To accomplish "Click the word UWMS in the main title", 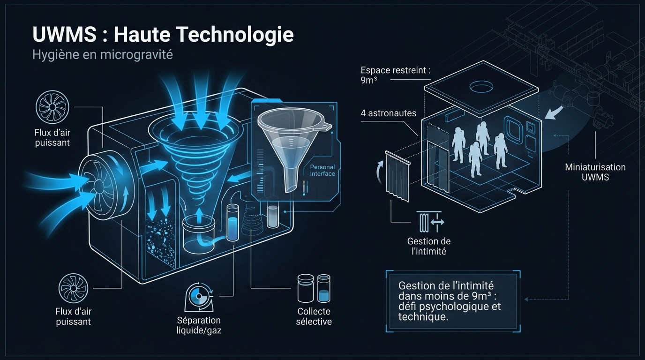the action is coord(65,34).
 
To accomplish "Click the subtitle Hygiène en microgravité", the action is coord(103,54).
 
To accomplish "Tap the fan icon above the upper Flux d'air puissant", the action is coord(52,107).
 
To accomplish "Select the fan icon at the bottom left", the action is coord(74,288).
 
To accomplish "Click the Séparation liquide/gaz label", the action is coord(199,325).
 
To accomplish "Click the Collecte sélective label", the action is coord(314,316).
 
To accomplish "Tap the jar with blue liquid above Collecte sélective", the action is coord(324,288).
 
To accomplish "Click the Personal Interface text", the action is coord(322,170).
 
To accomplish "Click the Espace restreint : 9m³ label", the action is coord(395,75).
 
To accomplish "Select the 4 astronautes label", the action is coord(389,113).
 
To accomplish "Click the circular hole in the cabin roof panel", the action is coord(481,86).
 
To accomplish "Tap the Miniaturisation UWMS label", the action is coord(595,172).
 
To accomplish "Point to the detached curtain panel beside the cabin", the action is coord(397,176).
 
